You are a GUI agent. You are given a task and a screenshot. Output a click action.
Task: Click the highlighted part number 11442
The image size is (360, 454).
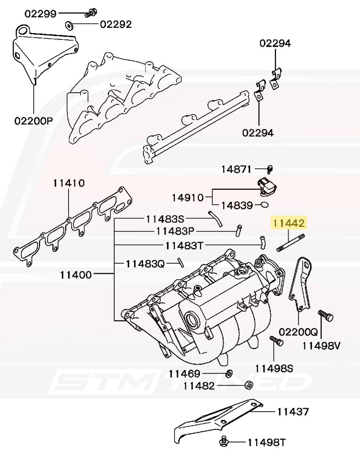click(x=288, y=223)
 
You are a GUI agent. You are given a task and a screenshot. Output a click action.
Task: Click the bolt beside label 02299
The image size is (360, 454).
click(x=90, y=13)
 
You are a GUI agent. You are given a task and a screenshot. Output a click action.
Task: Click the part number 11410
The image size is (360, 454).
click(x=69, y=183)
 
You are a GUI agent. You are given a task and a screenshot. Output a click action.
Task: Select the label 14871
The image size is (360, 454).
click(x=236, y=169)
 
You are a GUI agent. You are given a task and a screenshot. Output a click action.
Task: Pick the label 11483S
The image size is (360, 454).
click(x=165, y=219)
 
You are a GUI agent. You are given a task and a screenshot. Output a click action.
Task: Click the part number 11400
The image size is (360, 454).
click(x=76, y=275)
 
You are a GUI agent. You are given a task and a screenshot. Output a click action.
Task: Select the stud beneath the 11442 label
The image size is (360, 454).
click(x=291, y=242)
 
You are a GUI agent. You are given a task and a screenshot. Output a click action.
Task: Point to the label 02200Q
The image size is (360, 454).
click(x=299, y=331)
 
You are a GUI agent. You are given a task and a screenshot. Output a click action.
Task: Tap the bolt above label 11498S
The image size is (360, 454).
click(x=277, y=342)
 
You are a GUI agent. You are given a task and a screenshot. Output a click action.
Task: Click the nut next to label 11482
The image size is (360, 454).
click(x=249, y=384)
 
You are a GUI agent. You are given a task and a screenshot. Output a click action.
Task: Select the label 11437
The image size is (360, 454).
click(x=292, y=411)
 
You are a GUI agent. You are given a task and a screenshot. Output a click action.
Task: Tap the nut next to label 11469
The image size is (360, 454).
click(x=229, y=373)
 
